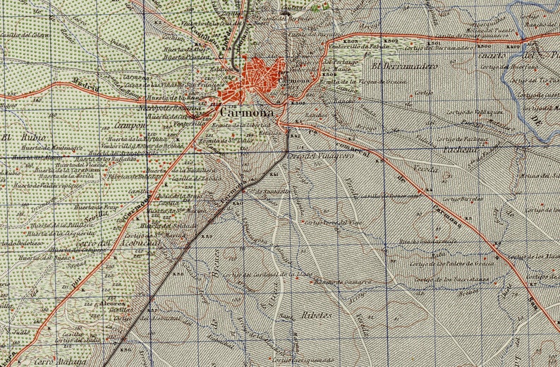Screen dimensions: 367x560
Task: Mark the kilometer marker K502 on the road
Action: (392, 42)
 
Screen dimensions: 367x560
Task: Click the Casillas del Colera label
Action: (25, 33)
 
